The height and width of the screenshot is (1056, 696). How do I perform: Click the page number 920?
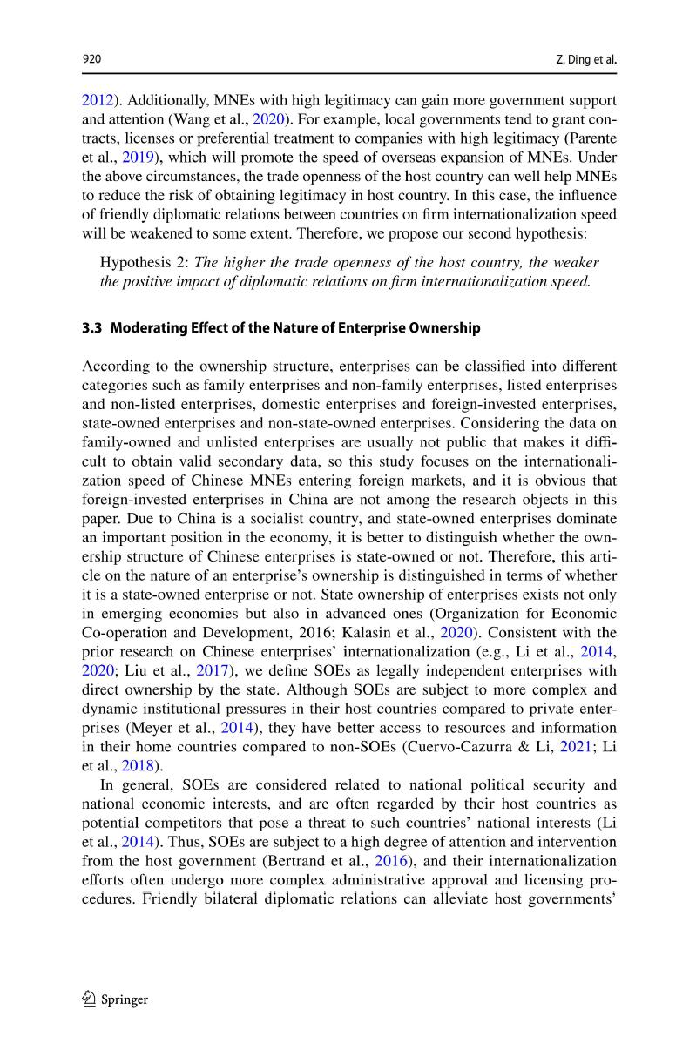[x=91, y=59]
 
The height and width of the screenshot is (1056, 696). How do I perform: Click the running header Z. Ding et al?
[x=585, y=59]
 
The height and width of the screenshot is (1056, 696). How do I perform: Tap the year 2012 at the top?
[x=96, y=101]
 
